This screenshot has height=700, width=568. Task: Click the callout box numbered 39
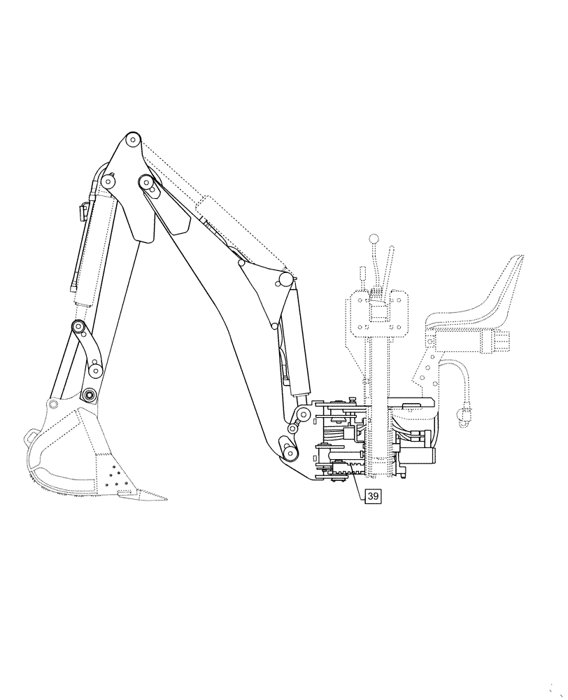[373, 496]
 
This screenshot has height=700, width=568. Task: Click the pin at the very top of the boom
[132, 140]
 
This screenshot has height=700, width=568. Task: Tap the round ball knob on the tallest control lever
[374, 239]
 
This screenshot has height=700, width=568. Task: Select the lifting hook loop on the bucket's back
[32, 435]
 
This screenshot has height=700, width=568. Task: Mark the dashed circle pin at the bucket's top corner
[54, 405]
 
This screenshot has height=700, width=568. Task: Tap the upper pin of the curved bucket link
[80, 328]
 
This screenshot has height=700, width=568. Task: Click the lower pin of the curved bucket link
[95, 370]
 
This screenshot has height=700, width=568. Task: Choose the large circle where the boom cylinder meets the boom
[284, 281]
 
